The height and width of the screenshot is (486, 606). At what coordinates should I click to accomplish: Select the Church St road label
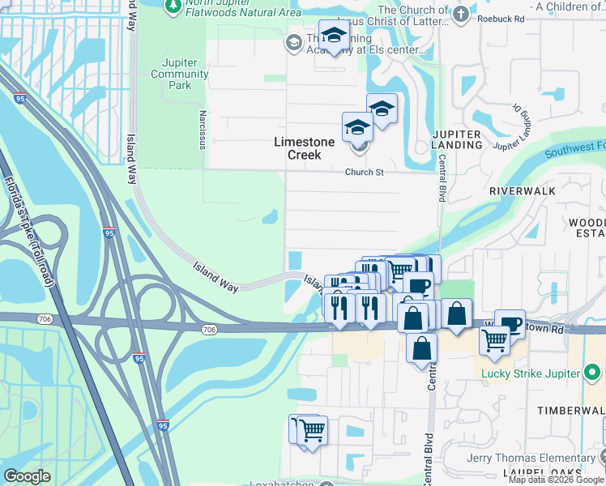pos(364,172)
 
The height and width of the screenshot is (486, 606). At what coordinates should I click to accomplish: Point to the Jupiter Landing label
pos(457,139)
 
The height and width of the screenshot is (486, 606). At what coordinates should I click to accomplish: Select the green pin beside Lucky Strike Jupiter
pos(594,373)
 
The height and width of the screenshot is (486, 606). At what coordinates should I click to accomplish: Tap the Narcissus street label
pos(203,130)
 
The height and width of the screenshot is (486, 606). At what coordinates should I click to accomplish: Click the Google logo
pos(27,476)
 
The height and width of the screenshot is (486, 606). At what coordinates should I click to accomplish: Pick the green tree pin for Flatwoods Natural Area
pos(173,6)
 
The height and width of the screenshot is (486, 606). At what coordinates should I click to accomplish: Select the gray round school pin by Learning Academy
pos(293,42)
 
